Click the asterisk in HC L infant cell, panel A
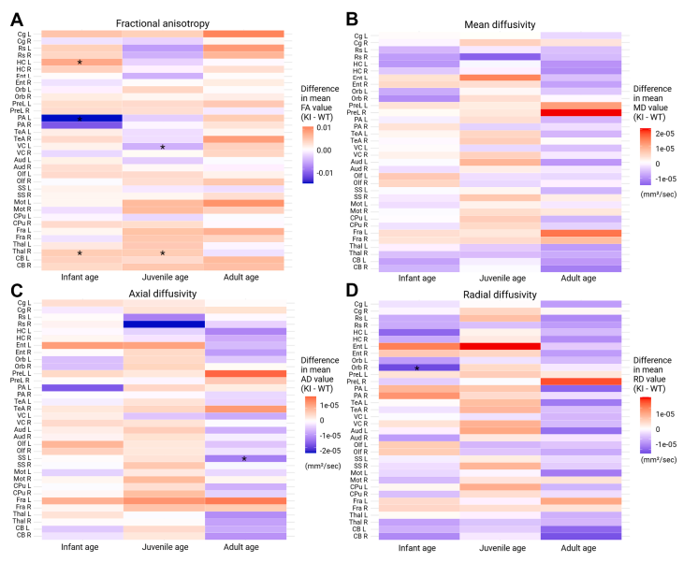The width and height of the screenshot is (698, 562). [80, 63]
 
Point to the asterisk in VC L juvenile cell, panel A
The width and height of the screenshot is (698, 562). [163, 148]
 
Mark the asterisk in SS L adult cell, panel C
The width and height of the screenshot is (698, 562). [244, 459]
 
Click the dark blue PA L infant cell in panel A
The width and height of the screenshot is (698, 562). [80, 119]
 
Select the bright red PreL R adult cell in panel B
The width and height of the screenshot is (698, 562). [581, 112]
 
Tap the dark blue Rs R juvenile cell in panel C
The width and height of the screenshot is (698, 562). [163, 324]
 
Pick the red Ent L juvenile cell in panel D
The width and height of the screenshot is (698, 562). [500, 346]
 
